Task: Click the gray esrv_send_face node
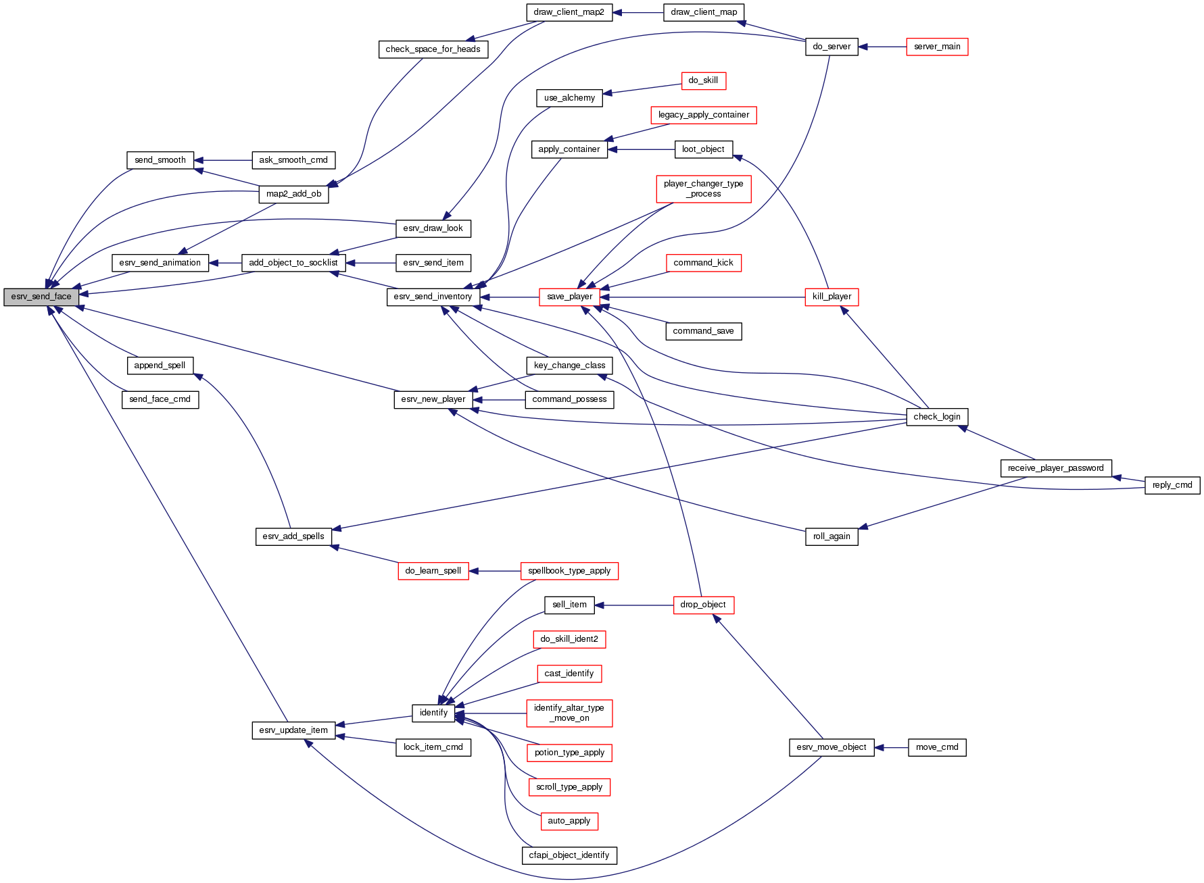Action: (41, 297)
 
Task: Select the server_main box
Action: (936, 47)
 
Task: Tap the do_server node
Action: (832, 47)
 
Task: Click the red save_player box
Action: (569, 297)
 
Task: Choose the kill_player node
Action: (832, 297)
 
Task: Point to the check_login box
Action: (936, 417)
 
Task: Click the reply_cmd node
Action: (1172, 485)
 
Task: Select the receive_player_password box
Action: (1055, 468)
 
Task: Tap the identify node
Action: (433, 713)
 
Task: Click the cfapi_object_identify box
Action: (569, 855)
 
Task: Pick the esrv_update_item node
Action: (293, 730)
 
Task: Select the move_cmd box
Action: (936, 747)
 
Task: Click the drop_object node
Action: (703, 605)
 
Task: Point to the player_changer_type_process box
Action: (703, 188)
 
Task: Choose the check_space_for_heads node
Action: (433, 49)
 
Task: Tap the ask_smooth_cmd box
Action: (293, 160)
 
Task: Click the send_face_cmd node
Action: (160, 399)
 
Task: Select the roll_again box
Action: (832, 536)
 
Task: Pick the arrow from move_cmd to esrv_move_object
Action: (891, 747)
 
